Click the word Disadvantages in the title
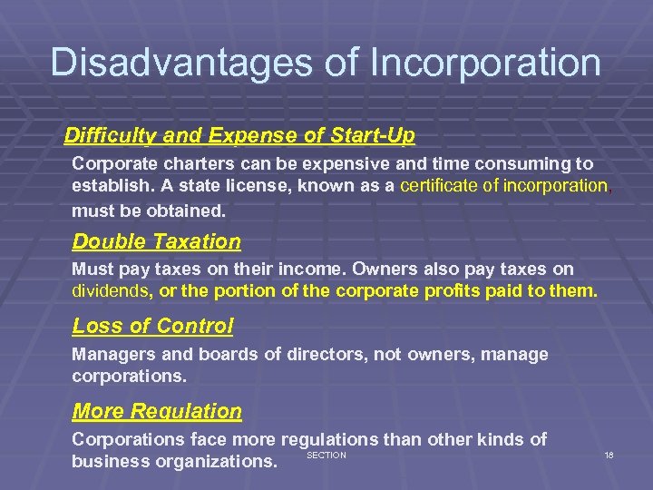pos(163,63)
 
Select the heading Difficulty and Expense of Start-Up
pos(239,136)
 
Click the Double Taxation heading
pos(156,242)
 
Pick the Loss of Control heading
pos(152,326)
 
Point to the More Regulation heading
pos(157,411)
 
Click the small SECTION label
pos(326,455)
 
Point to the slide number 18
pos(609,455)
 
